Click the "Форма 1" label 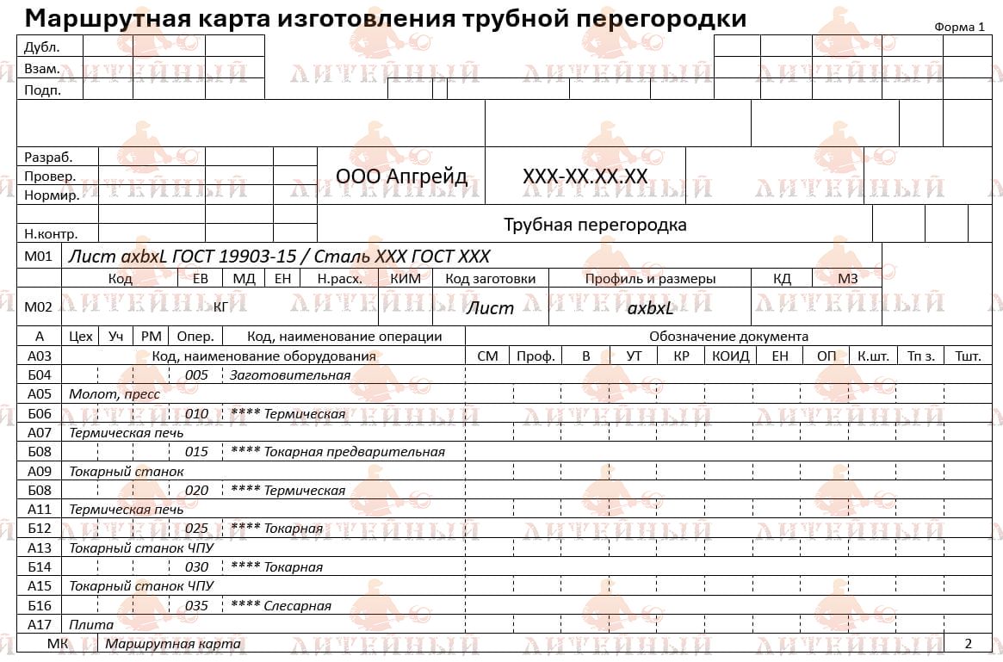[958, 27]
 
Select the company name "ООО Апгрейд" [401, 176]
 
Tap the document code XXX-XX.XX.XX [585, 176]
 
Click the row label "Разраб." [48, 158]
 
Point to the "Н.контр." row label [51, 233]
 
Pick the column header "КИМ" [406, 279]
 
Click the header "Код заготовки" [490, 279]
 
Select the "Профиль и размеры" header [650, 279]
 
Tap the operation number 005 [196, 375]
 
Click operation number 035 [196, 606]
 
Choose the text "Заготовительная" [289, 375]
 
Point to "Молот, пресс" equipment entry [108, 394]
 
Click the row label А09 [40, 471]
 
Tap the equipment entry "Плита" [91, 625]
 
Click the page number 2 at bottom [968, 643]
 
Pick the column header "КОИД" [731, 356]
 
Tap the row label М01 [39, 257]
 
